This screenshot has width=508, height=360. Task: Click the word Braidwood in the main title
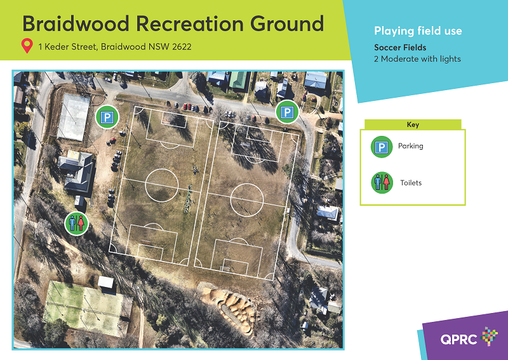[x=76, y=23]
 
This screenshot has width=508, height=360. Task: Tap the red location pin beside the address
[x=27, y=46]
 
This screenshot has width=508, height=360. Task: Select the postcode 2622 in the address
[x=182, y=46]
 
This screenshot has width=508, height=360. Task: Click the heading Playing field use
[x=418, y=31]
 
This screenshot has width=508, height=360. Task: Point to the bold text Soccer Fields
[x=400, y=48]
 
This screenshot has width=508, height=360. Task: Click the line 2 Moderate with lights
[x=417, y=59]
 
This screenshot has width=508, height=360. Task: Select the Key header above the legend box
[x=413, y=124]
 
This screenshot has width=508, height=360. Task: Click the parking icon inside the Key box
[x=382, y=147]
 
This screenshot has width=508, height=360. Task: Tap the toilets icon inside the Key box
[x=382, y=183]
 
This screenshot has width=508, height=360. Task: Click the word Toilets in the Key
[x=411, y=183]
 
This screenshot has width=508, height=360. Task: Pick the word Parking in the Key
[x=410, y=146]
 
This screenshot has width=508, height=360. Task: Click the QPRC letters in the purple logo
[x=458, y=339]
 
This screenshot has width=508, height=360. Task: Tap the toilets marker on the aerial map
[x=76, y=223]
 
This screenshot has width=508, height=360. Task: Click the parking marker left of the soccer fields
[x=107, y=117]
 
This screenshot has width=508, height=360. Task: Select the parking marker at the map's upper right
[x=287, y=112]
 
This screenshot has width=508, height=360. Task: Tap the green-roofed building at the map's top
[x=238, y=79]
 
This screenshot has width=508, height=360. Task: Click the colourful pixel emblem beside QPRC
[x=489, y=336]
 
